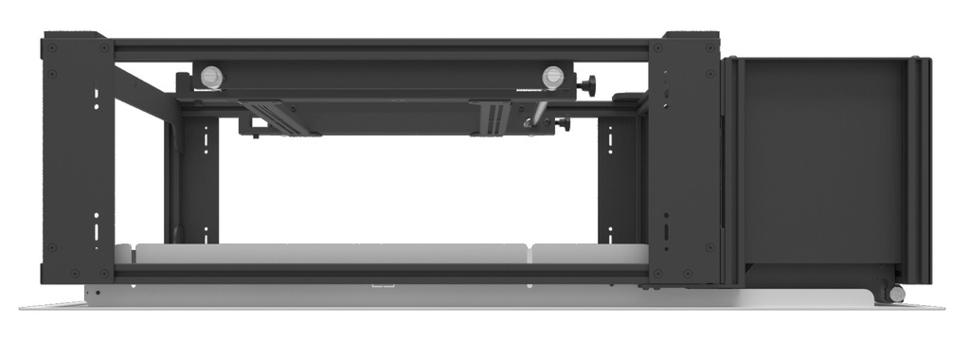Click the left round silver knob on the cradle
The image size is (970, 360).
(x=211, y=77)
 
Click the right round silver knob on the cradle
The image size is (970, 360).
(x=553, y=77)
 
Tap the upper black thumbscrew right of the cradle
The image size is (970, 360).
(x=589, y=87)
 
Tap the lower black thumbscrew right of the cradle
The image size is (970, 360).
(x=563, y=123)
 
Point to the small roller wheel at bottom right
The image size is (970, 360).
(x=895, y=294)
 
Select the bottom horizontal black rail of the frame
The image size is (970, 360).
(x=379, y=274)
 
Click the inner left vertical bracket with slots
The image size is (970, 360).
(x=199, y=180)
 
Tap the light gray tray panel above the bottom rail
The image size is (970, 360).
(x=332, y=253)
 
